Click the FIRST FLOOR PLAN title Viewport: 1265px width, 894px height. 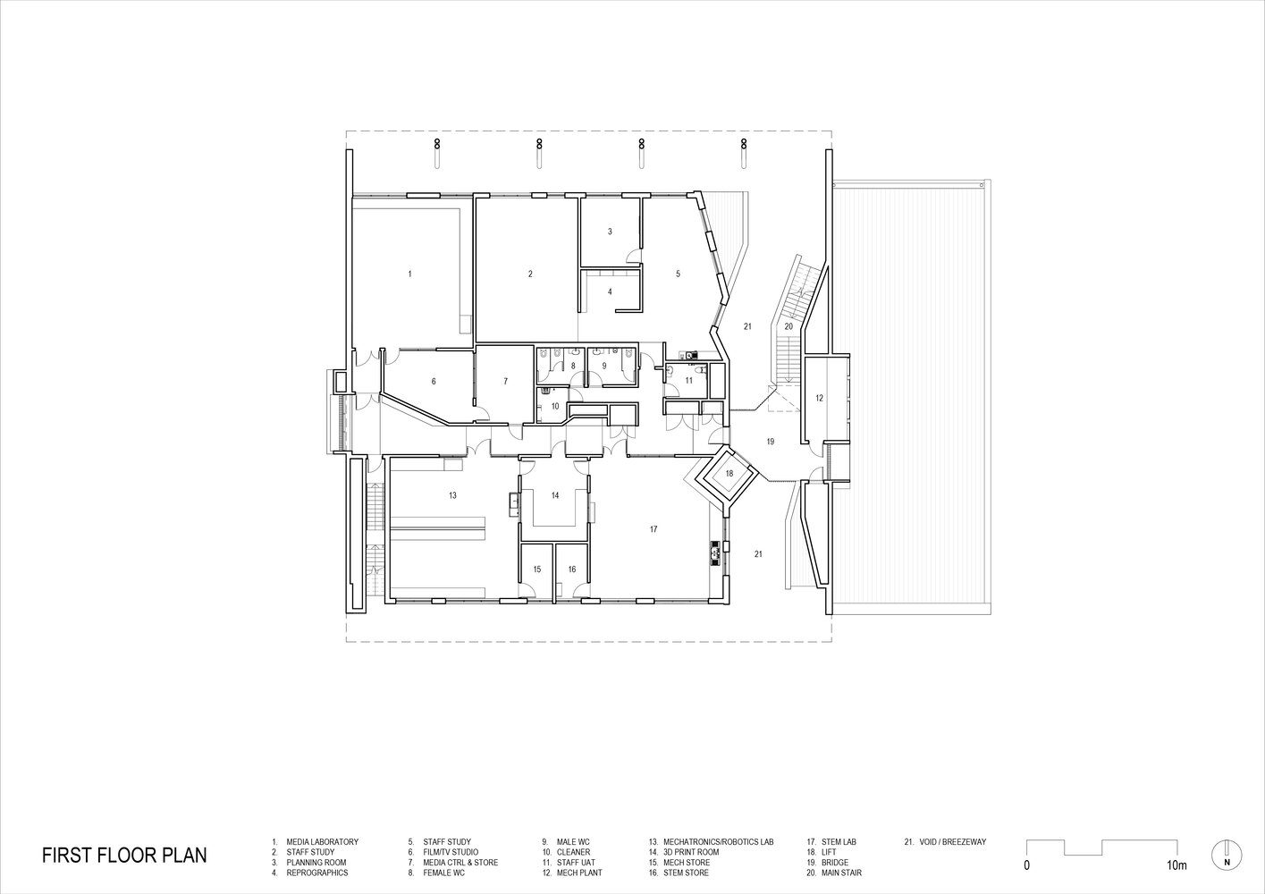coord(124,855)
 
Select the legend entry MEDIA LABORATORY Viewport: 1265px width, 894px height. coord(322,841)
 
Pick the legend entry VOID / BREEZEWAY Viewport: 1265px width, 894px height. coord(953,841)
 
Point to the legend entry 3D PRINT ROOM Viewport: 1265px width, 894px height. coord(691,852)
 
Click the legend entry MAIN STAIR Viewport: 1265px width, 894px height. coord(841,873)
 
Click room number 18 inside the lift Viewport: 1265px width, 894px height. coord(729,473)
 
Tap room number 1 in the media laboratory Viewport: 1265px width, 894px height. coord(410,274)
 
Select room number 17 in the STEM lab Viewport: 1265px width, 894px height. coord(654,529)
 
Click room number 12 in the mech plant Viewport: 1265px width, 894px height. coord(820,398)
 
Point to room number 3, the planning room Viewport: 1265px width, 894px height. coord(610,231)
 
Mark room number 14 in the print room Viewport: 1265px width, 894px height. coord(555,495)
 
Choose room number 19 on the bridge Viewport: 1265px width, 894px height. coord(771,442)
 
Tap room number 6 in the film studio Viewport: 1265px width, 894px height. coord(434,381)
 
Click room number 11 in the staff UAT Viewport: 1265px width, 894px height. coord(688,381)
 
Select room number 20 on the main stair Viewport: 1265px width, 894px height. coord(789,326)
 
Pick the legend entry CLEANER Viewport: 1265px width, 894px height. coord(573,852)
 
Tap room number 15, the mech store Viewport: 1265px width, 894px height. coord(537,569)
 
